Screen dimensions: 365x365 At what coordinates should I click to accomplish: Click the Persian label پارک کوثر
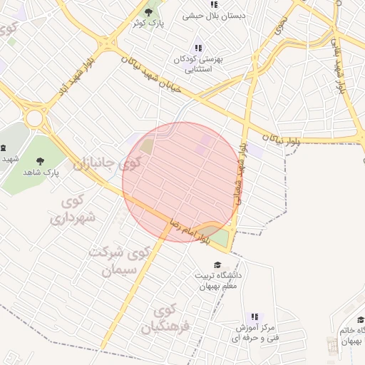pyautogui.click(x=148, y=24)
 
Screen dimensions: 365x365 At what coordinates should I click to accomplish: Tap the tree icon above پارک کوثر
pyautogui.click(x=149, y=11)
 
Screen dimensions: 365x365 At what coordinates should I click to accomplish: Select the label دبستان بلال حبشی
pyautogui.click(x=214, y=15)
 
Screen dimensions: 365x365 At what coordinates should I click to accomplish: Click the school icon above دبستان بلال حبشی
pyautogui.click(x=214, y=4)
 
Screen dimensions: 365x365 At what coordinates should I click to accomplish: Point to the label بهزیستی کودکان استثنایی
pyautogui.click(x=198, y=65)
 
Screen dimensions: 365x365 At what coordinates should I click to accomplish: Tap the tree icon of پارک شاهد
pyautogui.click(x=40, y=161)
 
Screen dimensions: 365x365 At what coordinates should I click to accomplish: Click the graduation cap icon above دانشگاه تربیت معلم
pyautogui.click(x=217, y=265)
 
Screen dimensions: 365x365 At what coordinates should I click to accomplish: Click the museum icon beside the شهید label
pyautogui.click(x=4, y=148)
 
